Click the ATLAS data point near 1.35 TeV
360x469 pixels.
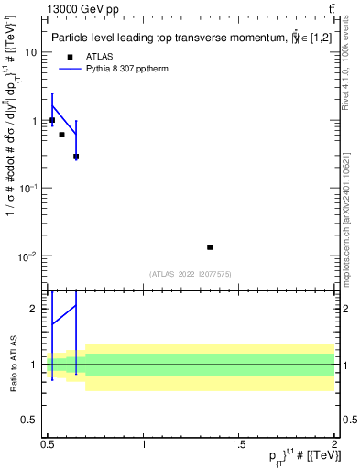coord(210,247)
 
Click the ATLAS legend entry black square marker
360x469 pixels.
coord(69,57)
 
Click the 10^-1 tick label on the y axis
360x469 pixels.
coord(30,188)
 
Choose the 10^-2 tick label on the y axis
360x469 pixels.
coord(30,256)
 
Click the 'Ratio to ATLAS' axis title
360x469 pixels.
coord(13,365)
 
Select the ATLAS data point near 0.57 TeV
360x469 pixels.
coord(61,135)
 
